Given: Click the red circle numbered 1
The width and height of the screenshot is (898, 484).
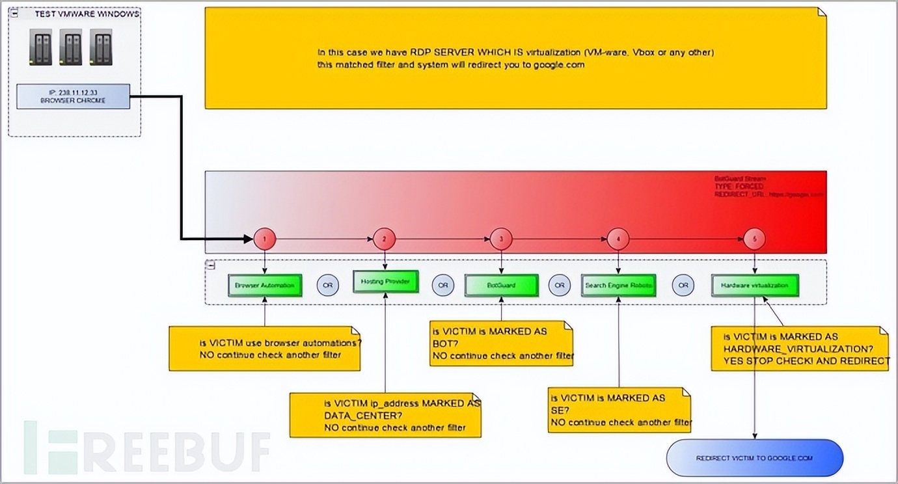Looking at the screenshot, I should tap(264, 239).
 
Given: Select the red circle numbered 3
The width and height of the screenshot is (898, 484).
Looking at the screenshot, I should tap(501, 239).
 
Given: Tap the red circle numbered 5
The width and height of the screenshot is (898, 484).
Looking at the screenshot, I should tap(754, 239).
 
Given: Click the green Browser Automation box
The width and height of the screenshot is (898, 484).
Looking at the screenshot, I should tap(265, 285).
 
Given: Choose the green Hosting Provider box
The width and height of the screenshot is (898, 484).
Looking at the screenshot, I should tap(385, 282).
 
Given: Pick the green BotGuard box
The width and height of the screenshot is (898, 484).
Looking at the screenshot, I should tap(501, 285).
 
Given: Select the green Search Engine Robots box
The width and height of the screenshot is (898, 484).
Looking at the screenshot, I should tap(618, 285).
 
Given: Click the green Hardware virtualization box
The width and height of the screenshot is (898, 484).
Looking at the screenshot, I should tap(754, 285).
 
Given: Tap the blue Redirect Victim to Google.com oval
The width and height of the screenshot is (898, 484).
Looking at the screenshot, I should tap(754, 458).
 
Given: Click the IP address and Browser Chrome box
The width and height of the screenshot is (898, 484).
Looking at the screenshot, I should tap(73, 96).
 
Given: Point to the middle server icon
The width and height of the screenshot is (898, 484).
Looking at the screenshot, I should tap(70, 47).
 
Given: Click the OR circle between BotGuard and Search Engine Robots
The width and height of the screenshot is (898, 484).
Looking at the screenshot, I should tap(560, 285).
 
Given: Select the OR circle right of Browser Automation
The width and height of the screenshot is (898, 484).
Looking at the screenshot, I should tap(328, 285).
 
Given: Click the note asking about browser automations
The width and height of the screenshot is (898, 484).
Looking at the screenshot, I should tap(264, 349).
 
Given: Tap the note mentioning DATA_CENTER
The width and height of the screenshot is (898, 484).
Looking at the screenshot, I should tap(385, 415).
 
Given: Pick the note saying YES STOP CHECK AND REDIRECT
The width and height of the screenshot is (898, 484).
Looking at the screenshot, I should tap(799, 349).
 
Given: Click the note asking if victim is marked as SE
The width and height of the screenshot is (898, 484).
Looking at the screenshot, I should tap(618, 410).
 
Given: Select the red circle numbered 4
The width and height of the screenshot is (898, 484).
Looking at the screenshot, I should tap(618, 239).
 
